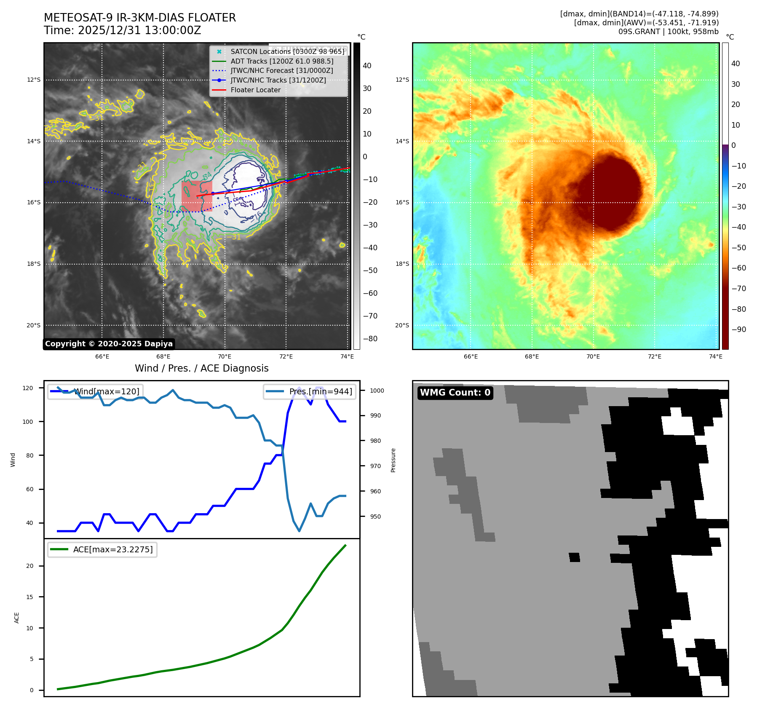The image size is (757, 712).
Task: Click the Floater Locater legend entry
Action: click(x=255, y=90)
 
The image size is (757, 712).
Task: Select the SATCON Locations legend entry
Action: click(x=287, y=51)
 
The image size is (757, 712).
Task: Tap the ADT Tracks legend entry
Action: click(x=282, y=61)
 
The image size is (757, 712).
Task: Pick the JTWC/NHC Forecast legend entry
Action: click(x=281, y=70)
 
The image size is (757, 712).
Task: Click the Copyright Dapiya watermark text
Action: click(x=109, y=344)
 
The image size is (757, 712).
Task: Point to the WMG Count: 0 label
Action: click(x=455, y=393)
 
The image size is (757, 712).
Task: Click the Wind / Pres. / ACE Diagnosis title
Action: click(x=201, y=368)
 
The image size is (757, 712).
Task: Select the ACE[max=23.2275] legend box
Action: click(x=102, y=549)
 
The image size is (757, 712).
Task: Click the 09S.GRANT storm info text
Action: click(x=668, y=32)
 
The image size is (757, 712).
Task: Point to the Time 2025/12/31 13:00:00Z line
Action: click(x=122, y=30)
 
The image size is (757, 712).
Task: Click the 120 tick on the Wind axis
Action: click(x=28, y=388)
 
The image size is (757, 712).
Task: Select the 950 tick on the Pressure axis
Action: click(x=375, y=517)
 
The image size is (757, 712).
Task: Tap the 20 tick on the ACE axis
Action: click(x=30, y=566)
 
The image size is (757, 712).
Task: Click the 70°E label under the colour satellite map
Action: click(x=593, y=356)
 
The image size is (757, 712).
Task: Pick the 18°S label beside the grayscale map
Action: click(x=34, y=264)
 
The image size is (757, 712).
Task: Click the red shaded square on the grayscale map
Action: click(x=197, y=196)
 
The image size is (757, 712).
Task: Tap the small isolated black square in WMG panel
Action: click(x=574, y=557)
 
